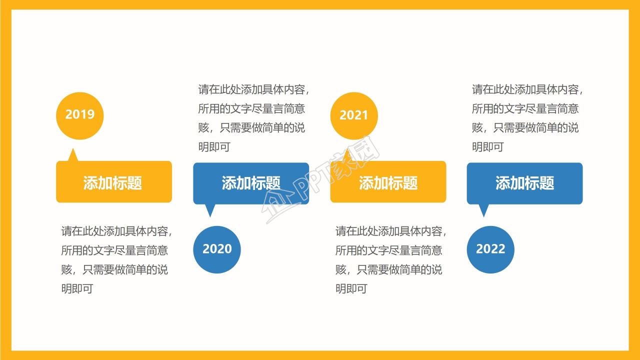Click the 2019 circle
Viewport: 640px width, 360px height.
pos(79,115)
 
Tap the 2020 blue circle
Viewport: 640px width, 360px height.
pos(217,249)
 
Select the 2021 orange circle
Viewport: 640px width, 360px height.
pos(353,115)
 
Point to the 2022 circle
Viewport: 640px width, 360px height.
pos(490,249)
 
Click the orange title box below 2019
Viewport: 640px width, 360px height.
pos(113,182)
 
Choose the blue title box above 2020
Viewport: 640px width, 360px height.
pos(251,183)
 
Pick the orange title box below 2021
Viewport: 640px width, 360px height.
pos(388,182)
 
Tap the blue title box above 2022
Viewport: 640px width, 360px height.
pos(524,183)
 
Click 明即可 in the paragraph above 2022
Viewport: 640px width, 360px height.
pos(487,147)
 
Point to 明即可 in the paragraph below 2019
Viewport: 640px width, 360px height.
pos(77,289)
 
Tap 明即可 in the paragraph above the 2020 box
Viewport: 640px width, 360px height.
pos(214,147)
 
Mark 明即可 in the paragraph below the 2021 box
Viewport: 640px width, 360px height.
pos(351,289)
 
